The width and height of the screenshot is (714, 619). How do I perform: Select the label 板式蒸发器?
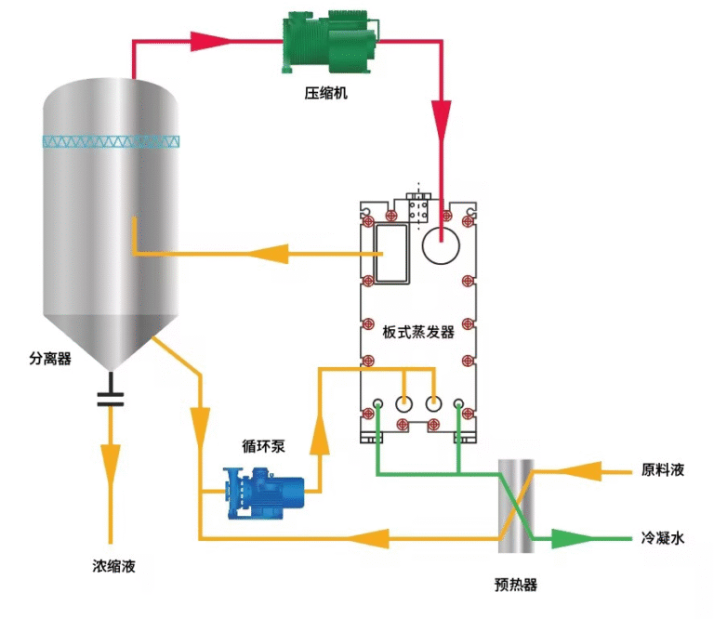point(418,332)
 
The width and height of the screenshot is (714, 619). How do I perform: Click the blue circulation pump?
point(266,490)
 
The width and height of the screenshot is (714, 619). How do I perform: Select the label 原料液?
point(663,470)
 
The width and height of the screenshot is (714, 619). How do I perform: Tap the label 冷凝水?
point(663,537)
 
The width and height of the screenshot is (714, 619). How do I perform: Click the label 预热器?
point(516,585)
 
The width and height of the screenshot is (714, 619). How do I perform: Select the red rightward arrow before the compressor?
point(210,42)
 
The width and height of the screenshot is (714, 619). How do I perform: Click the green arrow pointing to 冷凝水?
point(569,538)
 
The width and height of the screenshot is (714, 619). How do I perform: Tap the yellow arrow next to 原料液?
point(591,471)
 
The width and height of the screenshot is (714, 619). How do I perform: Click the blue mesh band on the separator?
point(112,142)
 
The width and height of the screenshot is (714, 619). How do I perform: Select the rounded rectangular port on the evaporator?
point(391,254)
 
